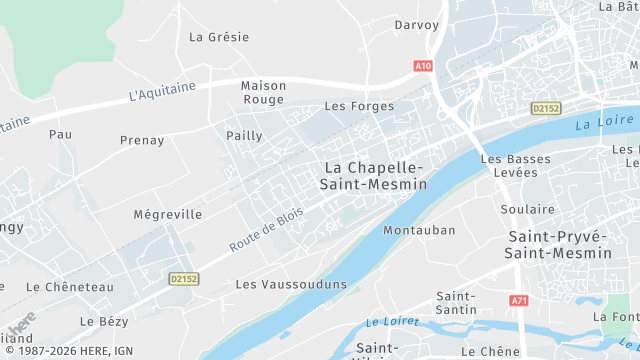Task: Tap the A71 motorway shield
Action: [518, 300]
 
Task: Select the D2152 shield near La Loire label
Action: [545, 108]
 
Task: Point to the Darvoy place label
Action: [417, 25]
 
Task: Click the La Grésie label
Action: [219, 37]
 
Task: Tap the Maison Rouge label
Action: [263, 93]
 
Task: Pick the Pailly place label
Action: [244, 135]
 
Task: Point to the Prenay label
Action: [141, 140]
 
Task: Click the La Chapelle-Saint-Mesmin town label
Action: [373, 175]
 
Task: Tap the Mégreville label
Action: [167, 214]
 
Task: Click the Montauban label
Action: [419, 230]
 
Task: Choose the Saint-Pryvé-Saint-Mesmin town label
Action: [559, 244]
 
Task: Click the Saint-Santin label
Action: [456, 303]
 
